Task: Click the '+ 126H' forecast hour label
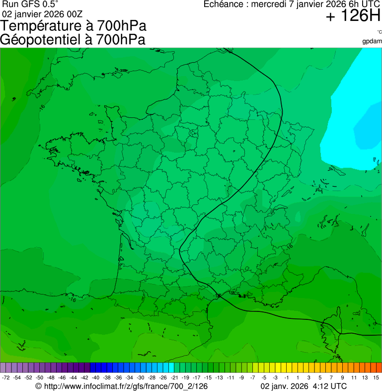click(x=353, y=16)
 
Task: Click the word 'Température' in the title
click(x=43, y=26)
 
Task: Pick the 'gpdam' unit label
click(x=372, y=41)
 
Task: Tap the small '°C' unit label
click(x=379, y=32)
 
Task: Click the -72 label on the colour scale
click(x=6, y=378)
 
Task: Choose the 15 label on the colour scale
click(x=377, y=378)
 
